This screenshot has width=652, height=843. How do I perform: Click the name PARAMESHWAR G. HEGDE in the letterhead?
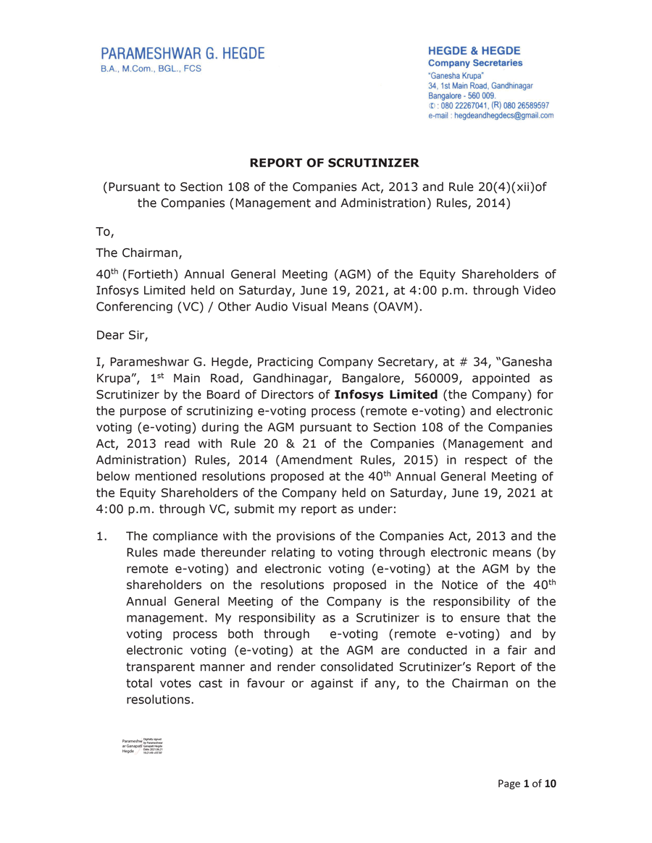coord(182,54)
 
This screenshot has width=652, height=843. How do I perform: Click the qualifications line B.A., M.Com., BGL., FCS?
coord(151,69)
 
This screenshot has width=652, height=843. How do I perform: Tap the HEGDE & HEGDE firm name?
coord(475,51)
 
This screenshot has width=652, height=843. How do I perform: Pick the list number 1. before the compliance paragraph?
coord(103,536)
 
